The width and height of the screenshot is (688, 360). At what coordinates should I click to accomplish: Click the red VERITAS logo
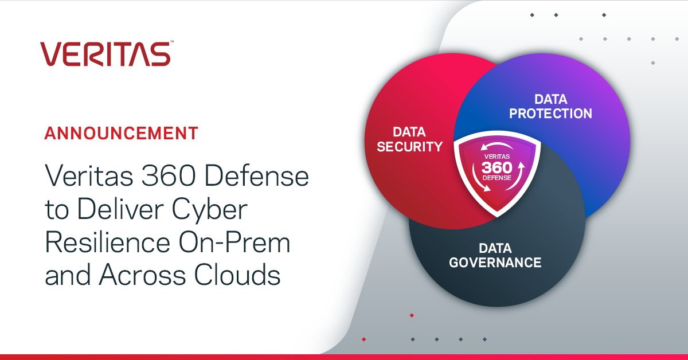pyautogui.click(x=105, y=54)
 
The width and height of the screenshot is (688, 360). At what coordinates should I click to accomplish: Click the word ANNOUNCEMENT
pyautogui.click(x=122, y=134)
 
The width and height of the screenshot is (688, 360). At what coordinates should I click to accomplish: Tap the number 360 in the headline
pyautogui.click(x=169, y=175)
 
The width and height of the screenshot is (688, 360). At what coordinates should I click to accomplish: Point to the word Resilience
pyautogui.click(x=108, y=242)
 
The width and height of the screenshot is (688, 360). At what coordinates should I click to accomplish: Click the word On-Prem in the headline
pyautogui.click(x=234, y=242)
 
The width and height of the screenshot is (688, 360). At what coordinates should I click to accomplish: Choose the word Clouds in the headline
pyautogui.click(x=237, y=275)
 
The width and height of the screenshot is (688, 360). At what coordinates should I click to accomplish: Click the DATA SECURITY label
pyautogui.click(x=409, y=139)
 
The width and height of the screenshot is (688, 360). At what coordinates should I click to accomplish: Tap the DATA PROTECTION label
pyautogui.click(x=551, y=107)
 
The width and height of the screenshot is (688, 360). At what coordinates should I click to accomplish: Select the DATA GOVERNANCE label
pyautogui.click(x=495, y=255)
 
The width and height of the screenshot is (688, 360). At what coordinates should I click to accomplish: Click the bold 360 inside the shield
pyautogui.click(x=497, y=167)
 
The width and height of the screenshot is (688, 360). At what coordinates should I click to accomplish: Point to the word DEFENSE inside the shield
pyautogui.click(x=497, y=178)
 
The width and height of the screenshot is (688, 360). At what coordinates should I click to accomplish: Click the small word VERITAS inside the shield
pyautogui.click(x=497, y=156)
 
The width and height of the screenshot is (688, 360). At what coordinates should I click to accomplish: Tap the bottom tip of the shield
pyautogui.click(x=497, y=217)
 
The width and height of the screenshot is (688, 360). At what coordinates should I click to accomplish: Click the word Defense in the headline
pyautogui.click(x=256, y=175)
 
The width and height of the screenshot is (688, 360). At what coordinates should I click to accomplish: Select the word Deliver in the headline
pyautogui.click(x=120, y=209)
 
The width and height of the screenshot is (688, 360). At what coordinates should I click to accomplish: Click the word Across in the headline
pyautogui.click(x=142, y=275)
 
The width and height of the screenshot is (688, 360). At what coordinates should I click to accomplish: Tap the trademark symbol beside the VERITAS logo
pyautogui.click(x=171, y=41)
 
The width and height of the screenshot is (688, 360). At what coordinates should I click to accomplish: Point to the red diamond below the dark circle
pyautogui.click(x=412, y=315)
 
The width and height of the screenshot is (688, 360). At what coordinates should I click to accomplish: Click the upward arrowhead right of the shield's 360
pyautogui.click(x=521, y=166)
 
